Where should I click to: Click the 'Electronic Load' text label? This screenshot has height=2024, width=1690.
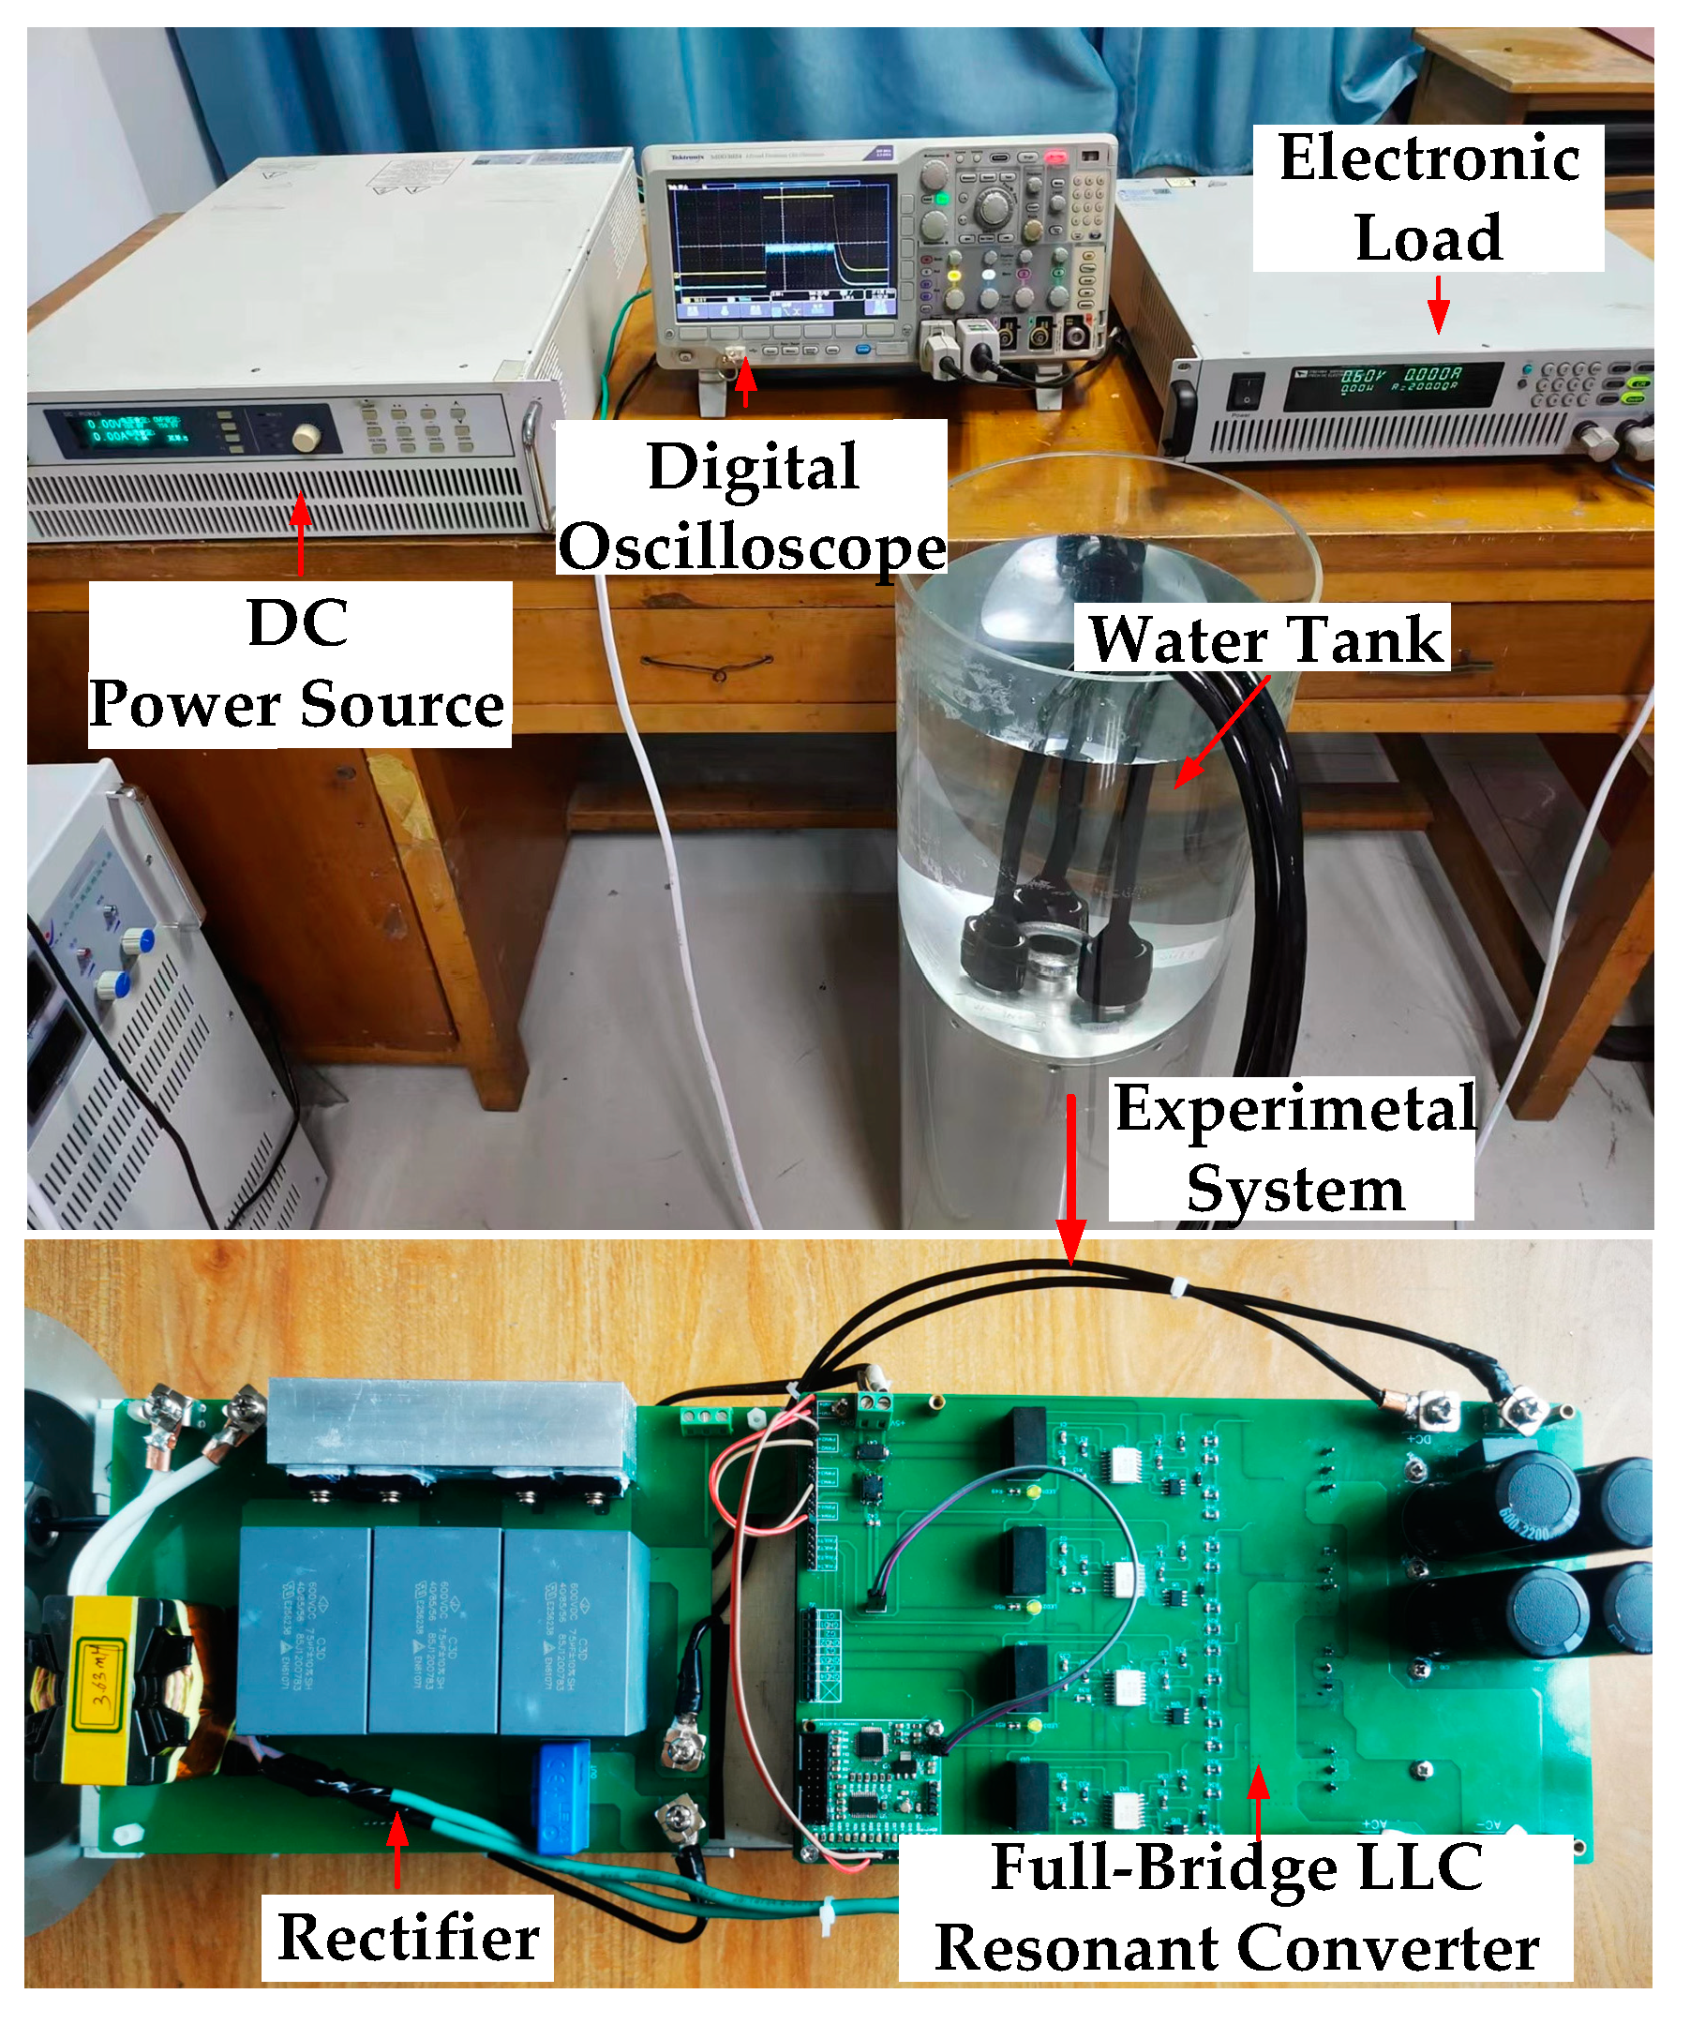click(x=1428, y=198)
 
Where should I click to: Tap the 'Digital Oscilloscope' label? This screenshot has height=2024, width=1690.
click(x=752, y=506)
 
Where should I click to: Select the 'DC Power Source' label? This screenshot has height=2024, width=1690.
click(x=299, y=665)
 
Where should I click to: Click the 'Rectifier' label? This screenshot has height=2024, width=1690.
click(x=408, y=1937)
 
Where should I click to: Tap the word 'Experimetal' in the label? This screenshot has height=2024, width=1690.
click(x=1294, y=1108)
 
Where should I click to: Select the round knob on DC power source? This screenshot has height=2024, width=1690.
click(x=306, y=438)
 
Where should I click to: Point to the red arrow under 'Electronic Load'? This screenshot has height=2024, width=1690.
click(x=1438, y=306)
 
